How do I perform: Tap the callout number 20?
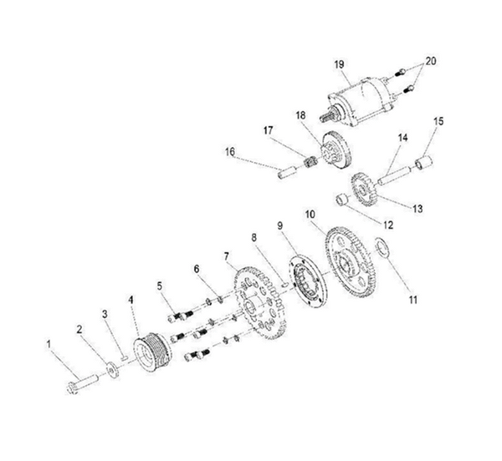(x=432, y=62)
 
